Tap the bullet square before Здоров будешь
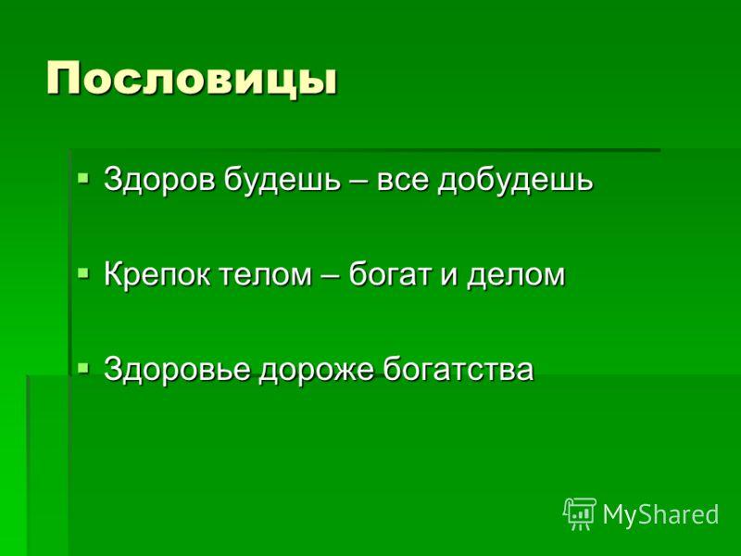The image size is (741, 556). click(83, 179)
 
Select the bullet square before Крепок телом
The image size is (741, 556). click(83, 273)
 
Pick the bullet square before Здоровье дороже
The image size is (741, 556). click(83, 368)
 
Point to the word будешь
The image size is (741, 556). click(283, 180)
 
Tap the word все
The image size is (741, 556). click(403, 182)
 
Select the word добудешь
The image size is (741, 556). click(515, 180)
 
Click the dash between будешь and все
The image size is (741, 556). click(358, 182)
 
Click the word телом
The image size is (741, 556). click(266, 275)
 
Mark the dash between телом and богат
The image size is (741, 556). click(331, 276)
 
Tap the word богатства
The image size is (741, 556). click(458, 369)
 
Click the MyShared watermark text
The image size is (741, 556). click(660, 513)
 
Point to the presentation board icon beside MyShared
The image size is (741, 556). click(580, 514)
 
